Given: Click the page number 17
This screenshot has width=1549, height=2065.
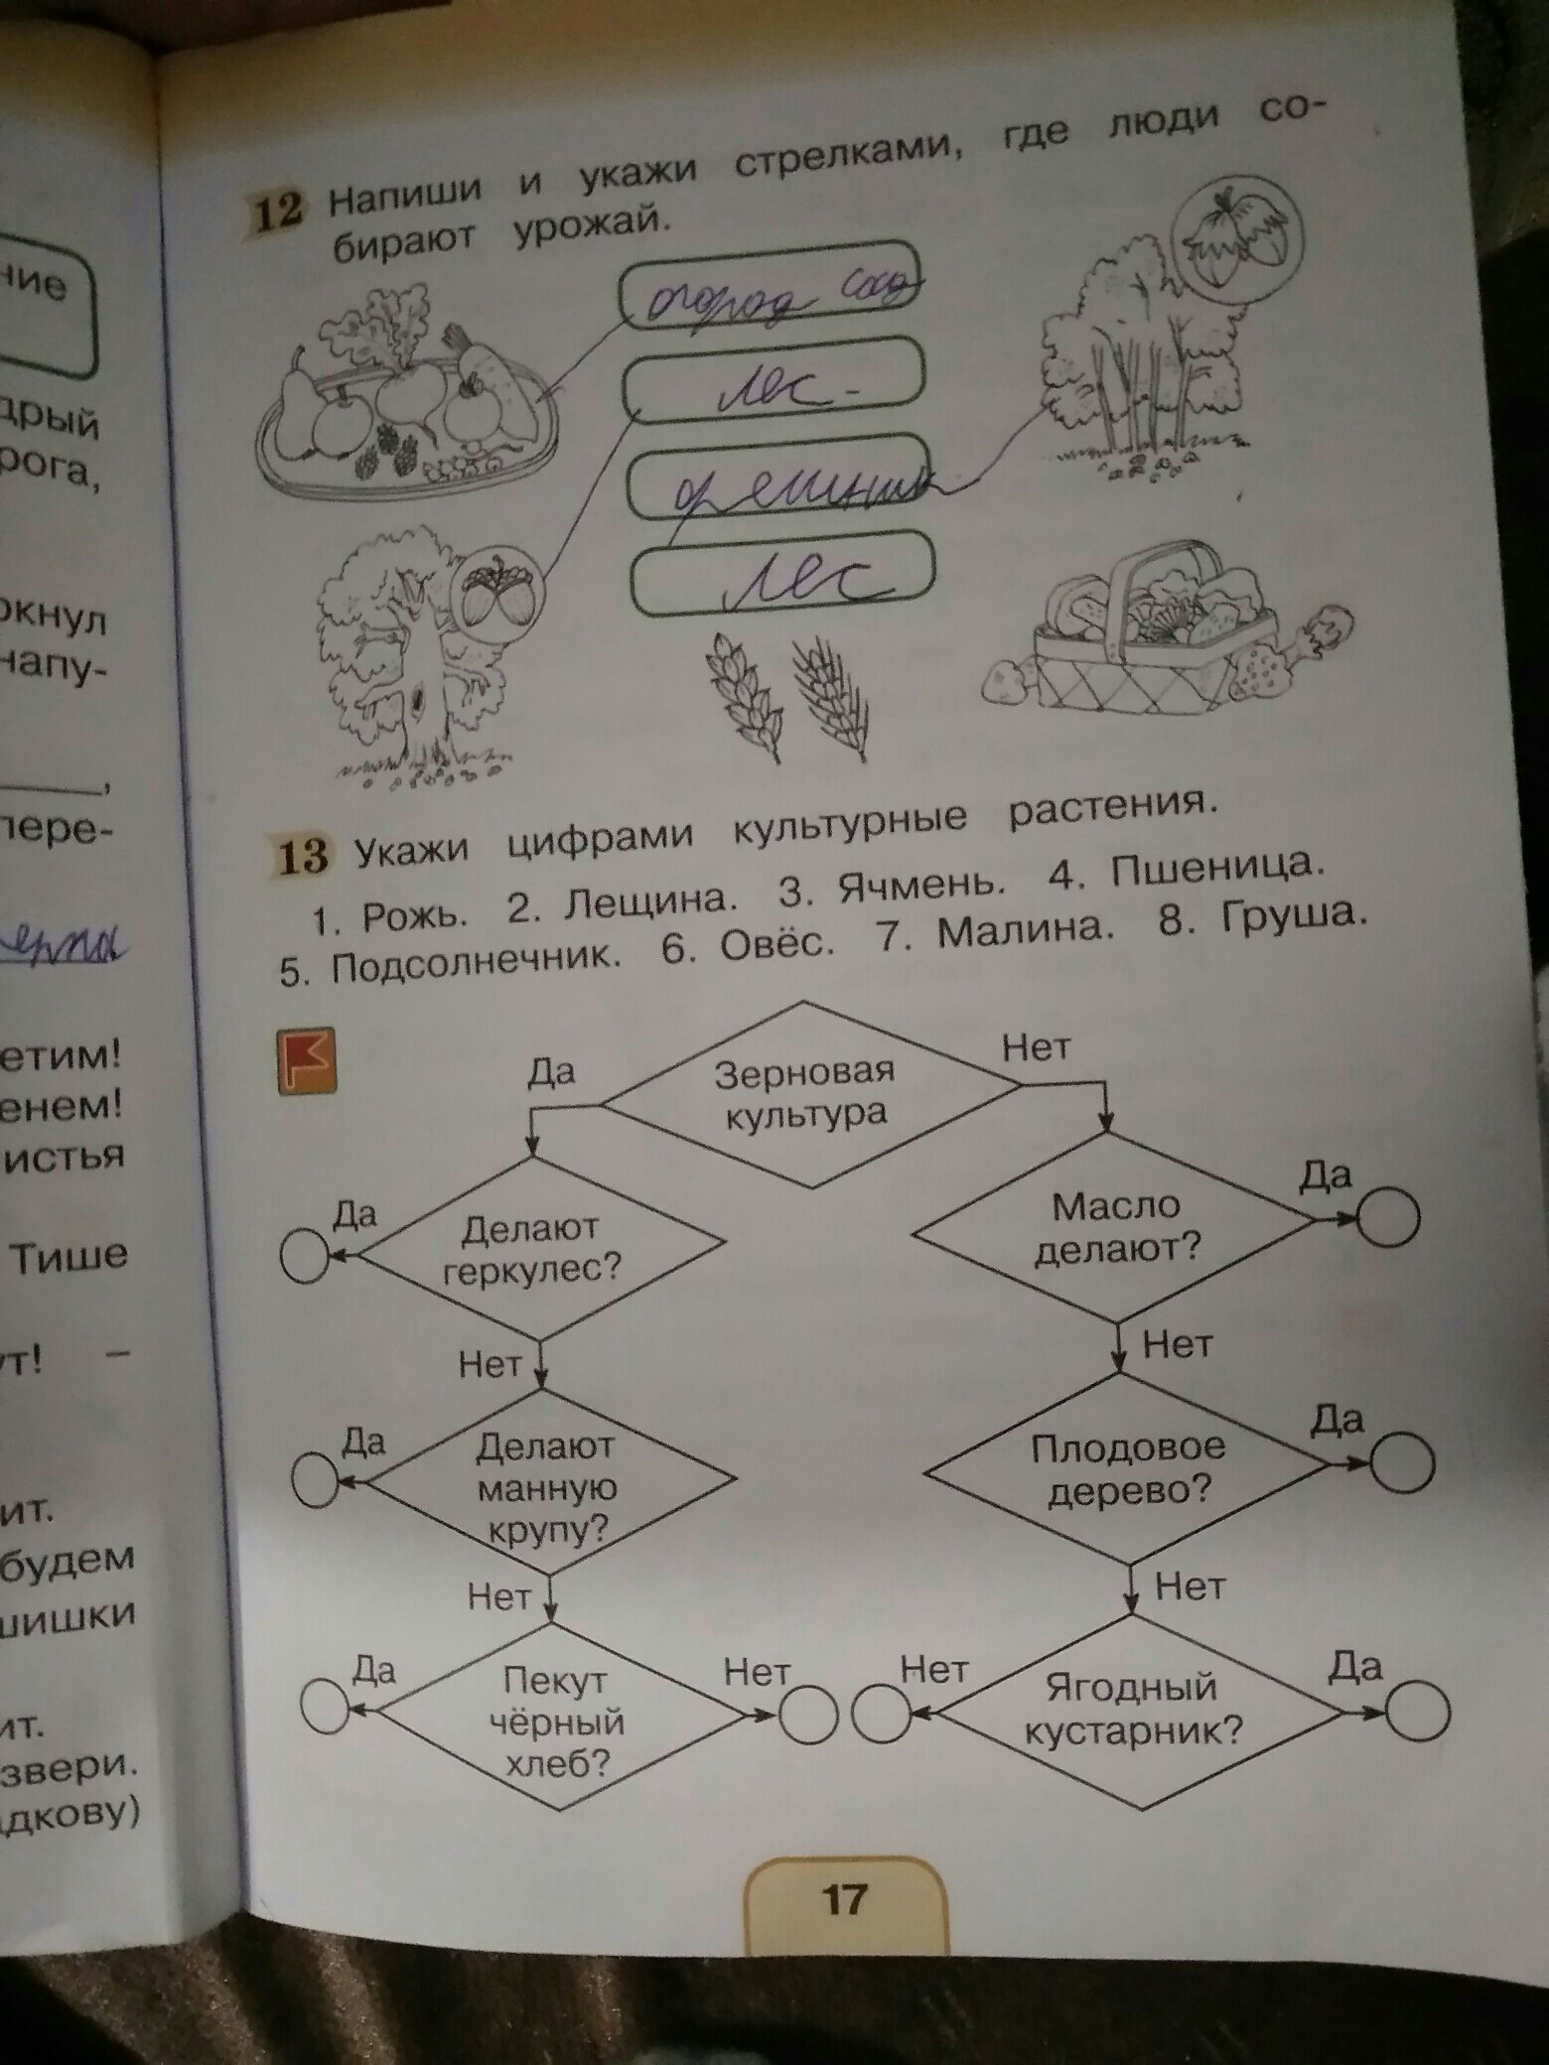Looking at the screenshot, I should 844,1899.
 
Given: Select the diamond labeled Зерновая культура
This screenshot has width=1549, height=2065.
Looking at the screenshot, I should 806,1093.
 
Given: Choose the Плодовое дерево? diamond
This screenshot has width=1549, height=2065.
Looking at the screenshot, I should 1128,1467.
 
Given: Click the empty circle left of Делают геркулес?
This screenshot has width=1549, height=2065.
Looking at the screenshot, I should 305,1256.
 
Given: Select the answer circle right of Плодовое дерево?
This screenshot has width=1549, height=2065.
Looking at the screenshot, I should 1402,1462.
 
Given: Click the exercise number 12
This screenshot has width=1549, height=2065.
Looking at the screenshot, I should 276,210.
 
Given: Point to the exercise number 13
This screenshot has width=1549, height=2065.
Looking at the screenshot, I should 301,855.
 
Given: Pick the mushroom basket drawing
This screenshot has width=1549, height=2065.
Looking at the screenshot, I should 1152,627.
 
